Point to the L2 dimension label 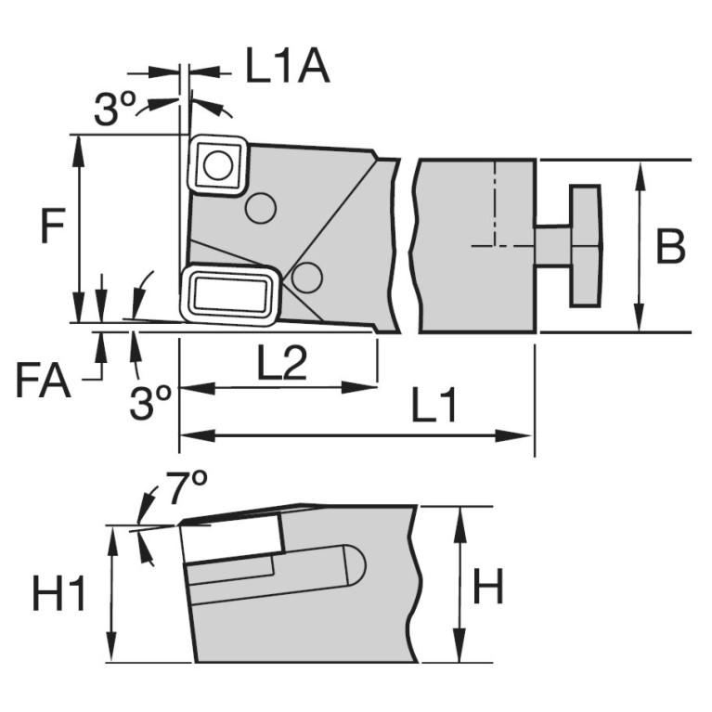coord(281,366)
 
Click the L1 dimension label coord(433,409)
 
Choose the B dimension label coord(670,247)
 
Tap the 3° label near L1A coord(116,111)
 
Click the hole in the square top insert coord(218,166)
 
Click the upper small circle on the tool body coord(260,208)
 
